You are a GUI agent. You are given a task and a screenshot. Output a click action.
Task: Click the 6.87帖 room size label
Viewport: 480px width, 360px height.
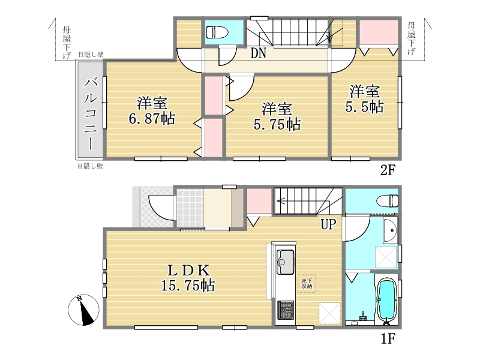click(x=152, y=118)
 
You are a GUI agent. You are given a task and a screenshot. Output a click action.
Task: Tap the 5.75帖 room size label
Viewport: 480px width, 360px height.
click(x=277, y=124)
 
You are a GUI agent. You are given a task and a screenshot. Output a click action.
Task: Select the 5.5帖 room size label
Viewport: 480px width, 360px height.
click(x=364, y=107)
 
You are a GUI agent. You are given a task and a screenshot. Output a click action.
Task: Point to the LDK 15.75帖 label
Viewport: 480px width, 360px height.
click(x=188, y=278)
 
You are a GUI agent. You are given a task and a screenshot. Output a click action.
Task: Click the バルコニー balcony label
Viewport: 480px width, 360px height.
click(x=91, y=113)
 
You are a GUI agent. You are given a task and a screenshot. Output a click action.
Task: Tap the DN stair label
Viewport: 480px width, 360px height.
click(x=259, y=53)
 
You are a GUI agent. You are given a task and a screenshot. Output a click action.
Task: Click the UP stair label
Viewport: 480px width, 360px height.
click(x=328, y=224)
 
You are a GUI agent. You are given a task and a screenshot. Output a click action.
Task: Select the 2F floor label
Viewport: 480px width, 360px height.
click(x=388, y=170)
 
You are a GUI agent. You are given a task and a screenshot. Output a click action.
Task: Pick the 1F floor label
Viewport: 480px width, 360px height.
click(x=388, y=338)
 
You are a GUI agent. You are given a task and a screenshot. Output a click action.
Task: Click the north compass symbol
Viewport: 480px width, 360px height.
click(x=83, y=310)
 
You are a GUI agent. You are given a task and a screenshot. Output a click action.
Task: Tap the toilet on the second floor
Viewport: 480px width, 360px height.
click(x=217, y=32)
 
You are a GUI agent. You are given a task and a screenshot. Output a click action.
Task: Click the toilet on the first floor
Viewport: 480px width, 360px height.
click(x=387, y=201)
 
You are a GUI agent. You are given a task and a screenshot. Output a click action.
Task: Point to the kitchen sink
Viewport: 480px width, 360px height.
click(x=286, y=262)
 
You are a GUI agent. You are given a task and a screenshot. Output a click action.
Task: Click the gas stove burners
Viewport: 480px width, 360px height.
click(x=286, y=310)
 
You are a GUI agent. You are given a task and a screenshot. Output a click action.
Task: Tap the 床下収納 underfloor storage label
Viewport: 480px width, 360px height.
click(x=307, y=283)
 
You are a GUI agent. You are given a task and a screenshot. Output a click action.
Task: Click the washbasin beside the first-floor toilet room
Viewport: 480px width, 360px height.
click(x=391, y=230)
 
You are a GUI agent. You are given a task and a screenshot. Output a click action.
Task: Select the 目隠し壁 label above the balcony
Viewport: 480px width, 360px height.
click(x=91, y=55)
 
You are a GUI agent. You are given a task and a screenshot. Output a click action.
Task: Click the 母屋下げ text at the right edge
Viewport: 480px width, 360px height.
click(x=412, y=38)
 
